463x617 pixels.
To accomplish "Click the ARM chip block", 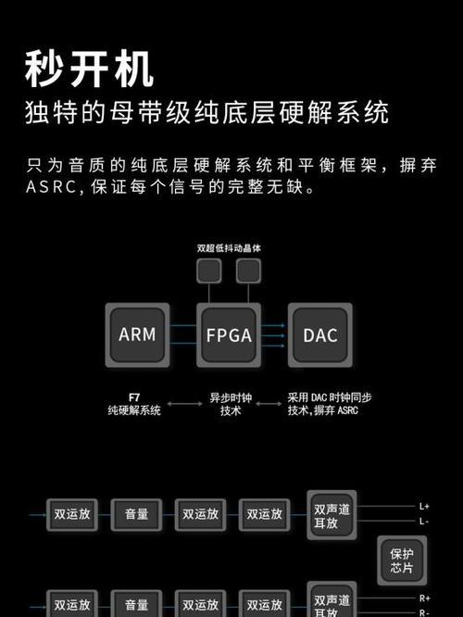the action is [x=137, y=334].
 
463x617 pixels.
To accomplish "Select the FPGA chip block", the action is [x=229, y=334].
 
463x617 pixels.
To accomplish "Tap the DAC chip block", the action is [x=320, y=334].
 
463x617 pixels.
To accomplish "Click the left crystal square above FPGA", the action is [x=209, y=271].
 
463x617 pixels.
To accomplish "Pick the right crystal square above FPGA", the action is [x=248, y=271].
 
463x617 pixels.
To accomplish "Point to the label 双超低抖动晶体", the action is [x=229, y=248].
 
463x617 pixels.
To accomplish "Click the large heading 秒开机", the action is [x=89, y=69].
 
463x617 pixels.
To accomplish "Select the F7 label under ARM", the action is [x=134, y=397].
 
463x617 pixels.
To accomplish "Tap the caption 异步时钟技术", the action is [x=231, y=404].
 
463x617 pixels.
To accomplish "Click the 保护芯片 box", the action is [x=402, y=560].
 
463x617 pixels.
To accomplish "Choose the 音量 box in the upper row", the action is [x=136, y=515].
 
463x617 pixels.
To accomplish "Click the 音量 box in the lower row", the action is [x=136, y=603].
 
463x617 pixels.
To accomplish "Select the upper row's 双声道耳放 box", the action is [x=332, y=515].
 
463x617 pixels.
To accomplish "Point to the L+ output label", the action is [x=424, y=507].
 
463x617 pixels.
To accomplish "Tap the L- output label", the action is [x=424, y=522].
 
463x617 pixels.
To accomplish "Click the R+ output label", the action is [x=424, y=598].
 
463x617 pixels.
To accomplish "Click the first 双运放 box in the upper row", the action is [x=72, y=515].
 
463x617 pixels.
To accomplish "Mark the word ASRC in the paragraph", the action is [x=52, y=187].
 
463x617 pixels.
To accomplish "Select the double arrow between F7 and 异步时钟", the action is [x=185, y=404].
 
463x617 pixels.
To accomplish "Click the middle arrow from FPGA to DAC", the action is [x=273, y=335].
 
